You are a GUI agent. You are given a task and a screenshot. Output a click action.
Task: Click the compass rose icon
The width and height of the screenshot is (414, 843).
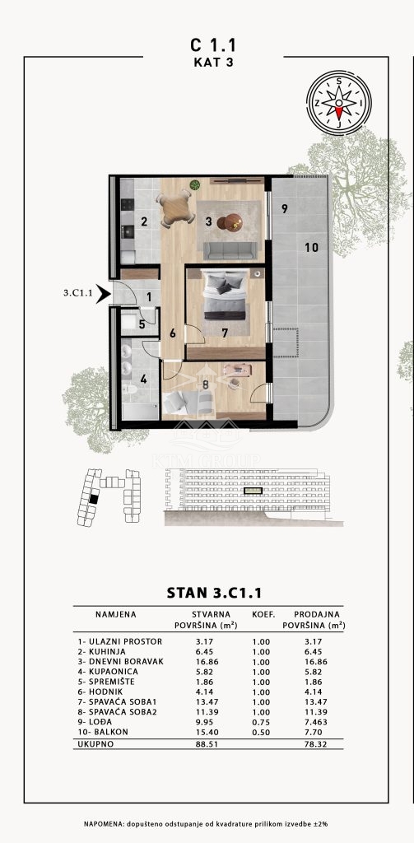tap(339, 103)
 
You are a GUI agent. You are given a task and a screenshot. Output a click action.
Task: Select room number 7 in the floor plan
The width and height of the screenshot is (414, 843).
tap(225, 333)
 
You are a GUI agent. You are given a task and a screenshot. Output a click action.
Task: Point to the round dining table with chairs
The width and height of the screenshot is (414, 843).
tap(176, 208)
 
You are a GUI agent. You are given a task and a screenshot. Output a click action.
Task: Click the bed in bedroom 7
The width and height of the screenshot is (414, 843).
tap(226, 296)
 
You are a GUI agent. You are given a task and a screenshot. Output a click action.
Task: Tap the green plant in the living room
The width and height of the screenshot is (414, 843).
tap(194, 185)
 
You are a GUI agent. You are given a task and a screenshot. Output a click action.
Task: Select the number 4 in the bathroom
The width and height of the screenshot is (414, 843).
tap(143, 379)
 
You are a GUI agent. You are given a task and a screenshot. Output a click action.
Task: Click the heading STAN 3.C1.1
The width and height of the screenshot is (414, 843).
tap(214, 593)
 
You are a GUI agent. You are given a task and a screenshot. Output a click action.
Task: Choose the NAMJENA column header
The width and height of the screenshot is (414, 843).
tap(115, 614)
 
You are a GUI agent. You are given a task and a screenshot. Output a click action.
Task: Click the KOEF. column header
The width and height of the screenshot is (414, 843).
tap(263, 614)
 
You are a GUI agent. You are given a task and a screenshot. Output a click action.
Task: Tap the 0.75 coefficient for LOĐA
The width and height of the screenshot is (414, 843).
tap(261, 722)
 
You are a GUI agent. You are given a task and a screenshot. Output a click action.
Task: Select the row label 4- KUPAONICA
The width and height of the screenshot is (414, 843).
tap(108, 672)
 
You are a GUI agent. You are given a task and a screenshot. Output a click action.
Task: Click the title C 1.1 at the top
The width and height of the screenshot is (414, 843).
tap(213, 44)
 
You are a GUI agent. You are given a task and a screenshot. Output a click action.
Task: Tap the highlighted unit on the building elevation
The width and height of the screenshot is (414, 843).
tap(253, 491)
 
